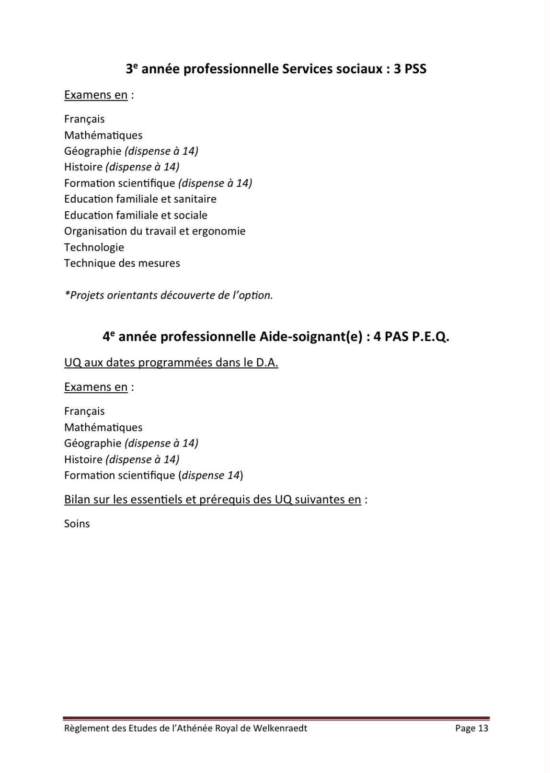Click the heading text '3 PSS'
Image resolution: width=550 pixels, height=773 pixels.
tap(410, 69)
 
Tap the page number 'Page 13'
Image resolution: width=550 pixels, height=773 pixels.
tap(471, 728)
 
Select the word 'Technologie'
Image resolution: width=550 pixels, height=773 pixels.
tap(94, 247)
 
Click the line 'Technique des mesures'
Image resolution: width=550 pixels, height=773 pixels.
tap(122, 263)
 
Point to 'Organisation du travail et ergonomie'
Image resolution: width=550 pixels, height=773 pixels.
tap(155, 231)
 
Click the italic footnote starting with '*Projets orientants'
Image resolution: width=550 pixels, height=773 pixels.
tap(169, 295)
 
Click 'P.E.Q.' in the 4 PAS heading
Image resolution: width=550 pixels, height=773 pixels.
tap(430, 337)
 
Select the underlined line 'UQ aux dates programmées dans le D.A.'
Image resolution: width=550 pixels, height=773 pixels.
tap(171, 363)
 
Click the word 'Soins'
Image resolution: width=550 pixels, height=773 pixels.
tap(77, 523)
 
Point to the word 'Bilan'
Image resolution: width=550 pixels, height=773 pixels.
tap(77, 500)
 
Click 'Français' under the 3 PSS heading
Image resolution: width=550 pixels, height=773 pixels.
tap(84, 119)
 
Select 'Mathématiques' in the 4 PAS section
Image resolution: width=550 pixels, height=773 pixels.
tap(103, 427)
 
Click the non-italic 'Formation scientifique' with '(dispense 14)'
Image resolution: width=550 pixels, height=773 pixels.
tap(120, 475)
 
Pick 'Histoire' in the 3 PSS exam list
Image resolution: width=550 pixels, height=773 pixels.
tap(83, 167)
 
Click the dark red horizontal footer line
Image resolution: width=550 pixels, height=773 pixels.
tap(276, 718)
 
